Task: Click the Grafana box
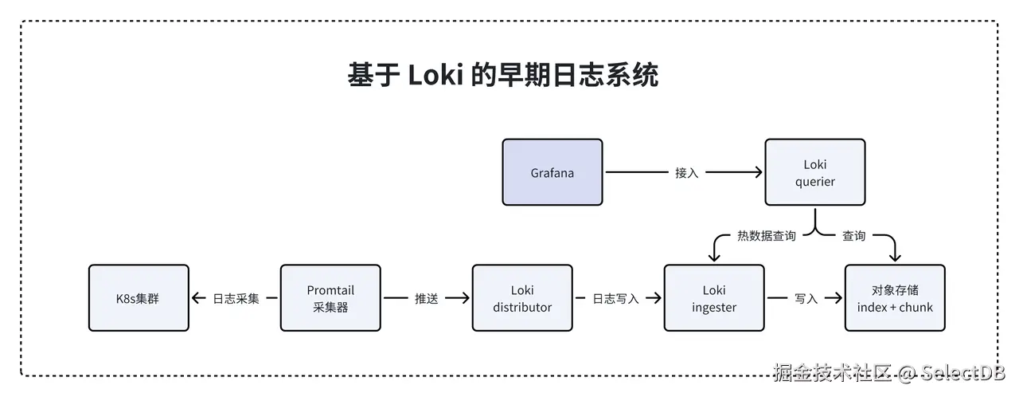tap(552, 172)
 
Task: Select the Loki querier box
tap(814, 172)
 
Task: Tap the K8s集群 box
tap(139, 298)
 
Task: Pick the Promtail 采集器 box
tap(330, 298)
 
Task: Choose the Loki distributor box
tap(521, 298)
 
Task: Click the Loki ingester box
tap(713, 298)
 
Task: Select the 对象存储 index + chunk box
tap(894, 298)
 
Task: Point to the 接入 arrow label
tap(686, 172)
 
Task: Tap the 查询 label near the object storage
tap(853, 236)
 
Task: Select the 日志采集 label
tap(236, 299)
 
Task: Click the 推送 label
tap(426, 299)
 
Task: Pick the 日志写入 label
tap(616, 299)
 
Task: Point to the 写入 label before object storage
tap(806, 299)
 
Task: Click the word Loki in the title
tap(435, 76)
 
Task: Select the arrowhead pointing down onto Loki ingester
tap(713, 257)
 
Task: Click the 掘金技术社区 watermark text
tap(833, 373)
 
